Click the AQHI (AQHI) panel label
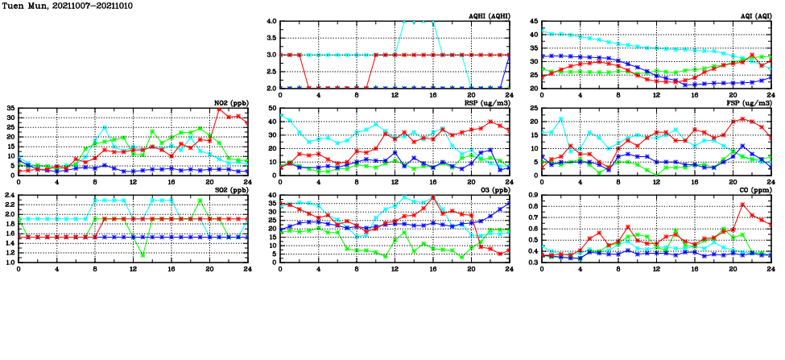click(489, 16)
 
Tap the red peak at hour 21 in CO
click(742, 205)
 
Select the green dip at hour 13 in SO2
click(143, 255)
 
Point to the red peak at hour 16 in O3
click(433, 197)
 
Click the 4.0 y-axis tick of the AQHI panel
click(271, 22)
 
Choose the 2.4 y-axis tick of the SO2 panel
click(10, 196)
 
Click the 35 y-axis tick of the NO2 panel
click(11, 109)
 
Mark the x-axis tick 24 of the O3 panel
click(510, 269)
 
